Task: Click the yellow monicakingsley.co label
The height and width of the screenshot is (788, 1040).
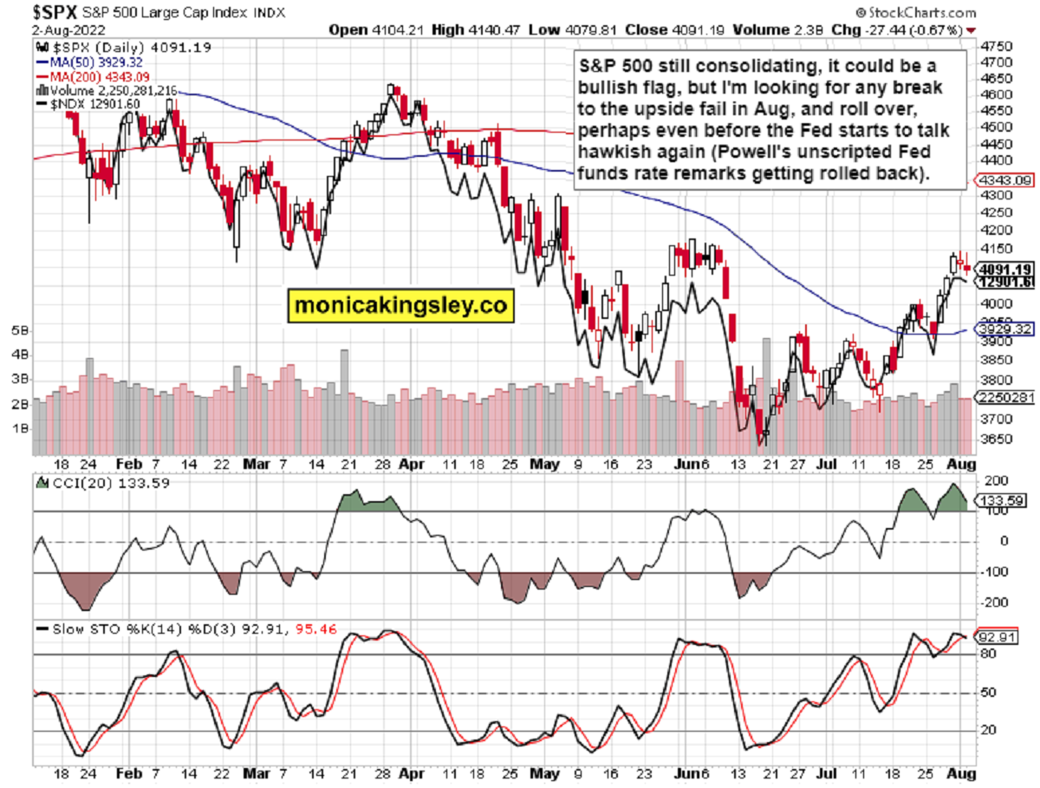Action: pos(400,305)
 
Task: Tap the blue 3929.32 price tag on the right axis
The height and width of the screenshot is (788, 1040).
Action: pos(1002,330)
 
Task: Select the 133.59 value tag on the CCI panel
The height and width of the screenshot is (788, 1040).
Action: pos(1000,500)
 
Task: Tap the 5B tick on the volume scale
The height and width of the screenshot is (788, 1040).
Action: pos(19,331)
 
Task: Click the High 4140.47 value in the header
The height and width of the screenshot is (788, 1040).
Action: pos(460,29)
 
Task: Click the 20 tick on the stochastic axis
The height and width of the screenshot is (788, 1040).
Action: pos(985,730)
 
